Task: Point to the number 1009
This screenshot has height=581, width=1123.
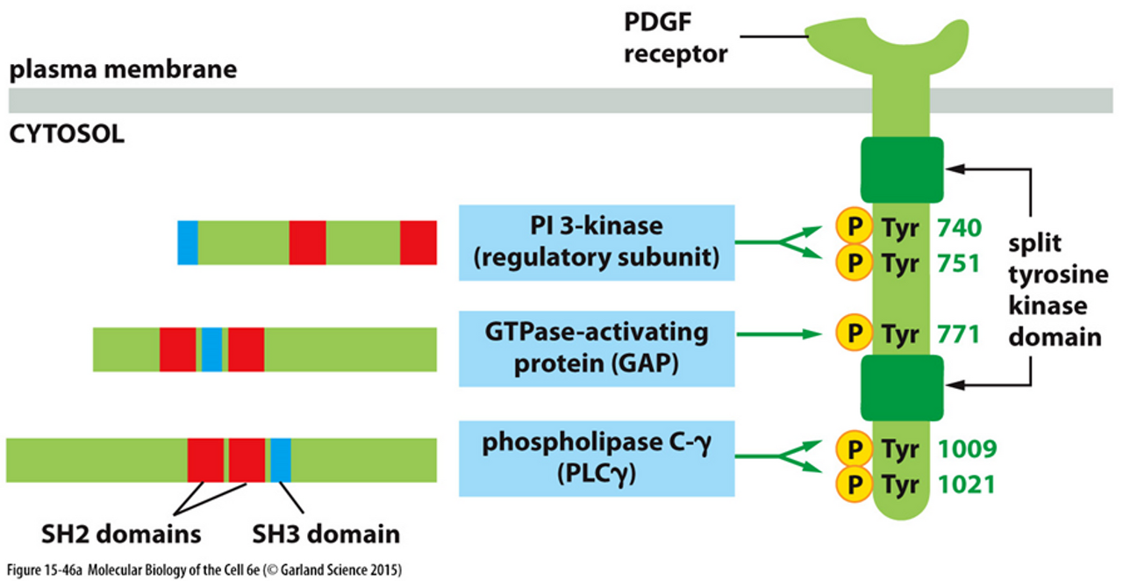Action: (966, 449)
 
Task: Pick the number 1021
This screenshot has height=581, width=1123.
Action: (966, 484)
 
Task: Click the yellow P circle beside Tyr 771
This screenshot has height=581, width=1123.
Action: (851, 334)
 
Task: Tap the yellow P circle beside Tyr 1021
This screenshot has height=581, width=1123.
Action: (851, 484)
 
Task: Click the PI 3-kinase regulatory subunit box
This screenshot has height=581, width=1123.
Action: (597, 242)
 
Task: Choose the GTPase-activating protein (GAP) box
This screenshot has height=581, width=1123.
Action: (597, 348)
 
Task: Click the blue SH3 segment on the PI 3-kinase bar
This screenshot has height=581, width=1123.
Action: (188, 243)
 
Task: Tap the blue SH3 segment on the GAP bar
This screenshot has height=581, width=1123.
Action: (211, 349)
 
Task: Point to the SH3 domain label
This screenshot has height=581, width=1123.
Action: (325, 534)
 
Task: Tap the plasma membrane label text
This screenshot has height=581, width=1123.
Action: (124, 68)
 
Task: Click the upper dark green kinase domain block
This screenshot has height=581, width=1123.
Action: (902, 169)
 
